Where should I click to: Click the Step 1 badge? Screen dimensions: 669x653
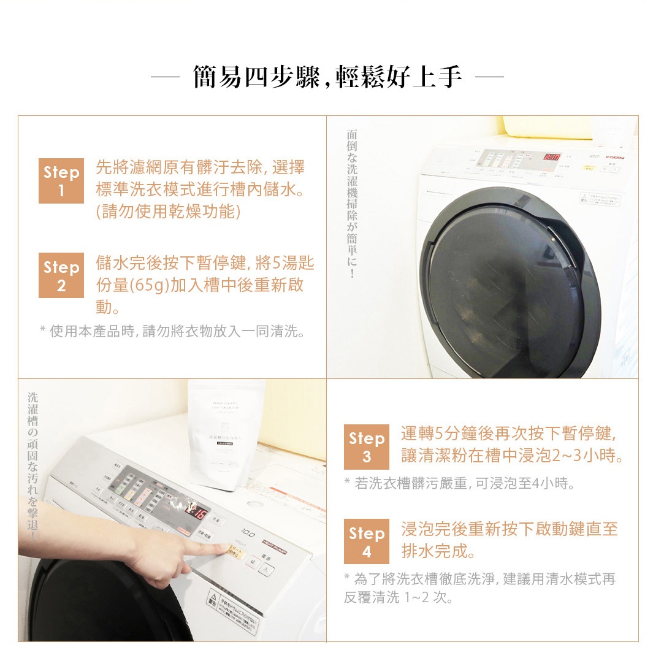tap(61, 182)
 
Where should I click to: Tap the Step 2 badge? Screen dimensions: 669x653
tap(61, 276)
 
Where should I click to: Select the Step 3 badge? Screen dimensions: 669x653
tap(366, 447)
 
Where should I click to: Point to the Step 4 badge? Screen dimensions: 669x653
tap(366, 542)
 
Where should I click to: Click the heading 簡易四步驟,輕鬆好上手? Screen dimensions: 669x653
tap(327, 78)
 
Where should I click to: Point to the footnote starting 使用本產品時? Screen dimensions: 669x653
tap(172, 332)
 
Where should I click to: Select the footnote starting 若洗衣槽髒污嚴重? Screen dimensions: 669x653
tap(460, 484)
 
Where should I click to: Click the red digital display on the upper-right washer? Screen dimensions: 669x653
tap(552, 158)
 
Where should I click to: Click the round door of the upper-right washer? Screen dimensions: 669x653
tap(508, 288)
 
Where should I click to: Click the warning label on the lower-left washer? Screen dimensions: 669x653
tap(233, 607)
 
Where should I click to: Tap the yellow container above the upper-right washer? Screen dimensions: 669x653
tap(546, 126)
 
